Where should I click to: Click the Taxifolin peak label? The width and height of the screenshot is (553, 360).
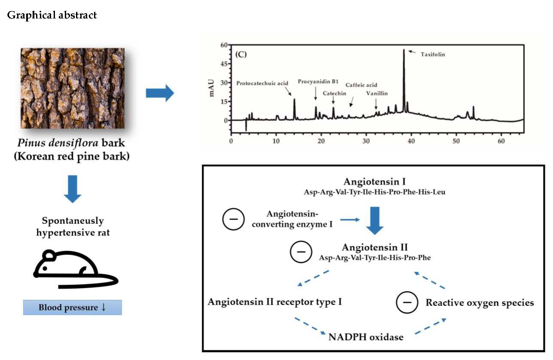[433, 55]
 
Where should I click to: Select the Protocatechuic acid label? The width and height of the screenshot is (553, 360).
[263, 84]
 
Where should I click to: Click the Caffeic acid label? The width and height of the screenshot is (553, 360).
[362, 85]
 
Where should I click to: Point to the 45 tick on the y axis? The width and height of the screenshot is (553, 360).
[223, 64]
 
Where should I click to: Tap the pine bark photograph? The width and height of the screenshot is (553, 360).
[73, 88]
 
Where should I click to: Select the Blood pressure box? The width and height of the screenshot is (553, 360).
[72, 308]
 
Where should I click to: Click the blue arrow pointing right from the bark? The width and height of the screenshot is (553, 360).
[160, 93]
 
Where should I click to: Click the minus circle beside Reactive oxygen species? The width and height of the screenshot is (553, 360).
[406, 302]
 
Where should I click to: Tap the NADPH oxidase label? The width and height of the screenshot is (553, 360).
[366, 337]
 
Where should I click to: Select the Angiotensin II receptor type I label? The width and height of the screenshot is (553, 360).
[275, 302]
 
